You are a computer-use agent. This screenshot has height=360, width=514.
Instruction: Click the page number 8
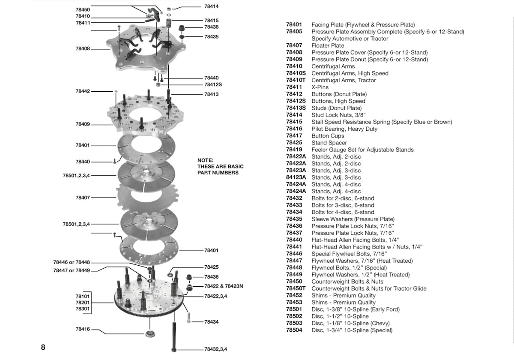(43, 347)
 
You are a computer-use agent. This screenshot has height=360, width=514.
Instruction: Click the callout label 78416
(83, 330)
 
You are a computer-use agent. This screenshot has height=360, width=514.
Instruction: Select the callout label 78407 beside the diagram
(83, 198)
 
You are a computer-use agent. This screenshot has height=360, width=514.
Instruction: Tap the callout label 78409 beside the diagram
(83, 124)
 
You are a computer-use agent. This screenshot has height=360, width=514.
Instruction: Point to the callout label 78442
(83, 91)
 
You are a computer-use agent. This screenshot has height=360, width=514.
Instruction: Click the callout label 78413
(212, 94)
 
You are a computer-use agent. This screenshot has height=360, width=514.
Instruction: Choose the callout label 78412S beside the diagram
(213, 84)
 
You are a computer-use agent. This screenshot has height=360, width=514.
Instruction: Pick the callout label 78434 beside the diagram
(212, 321)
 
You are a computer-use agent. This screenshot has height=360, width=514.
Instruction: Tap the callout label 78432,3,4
(215, 349)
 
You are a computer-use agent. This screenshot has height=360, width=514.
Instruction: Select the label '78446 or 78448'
(72, 262)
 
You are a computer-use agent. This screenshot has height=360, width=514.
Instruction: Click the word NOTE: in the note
(205, 160)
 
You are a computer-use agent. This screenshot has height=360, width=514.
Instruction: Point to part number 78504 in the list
(294, 330)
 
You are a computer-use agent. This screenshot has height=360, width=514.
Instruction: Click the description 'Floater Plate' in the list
(328, 45)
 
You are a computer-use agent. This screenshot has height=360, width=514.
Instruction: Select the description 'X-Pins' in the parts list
(320, 87)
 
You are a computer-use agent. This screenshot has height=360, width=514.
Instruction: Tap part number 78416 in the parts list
(294, 129)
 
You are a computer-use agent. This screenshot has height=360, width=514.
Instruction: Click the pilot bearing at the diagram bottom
(150, 333)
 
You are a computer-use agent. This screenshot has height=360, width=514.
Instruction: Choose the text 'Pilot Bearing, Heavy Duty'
(344, 129)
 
